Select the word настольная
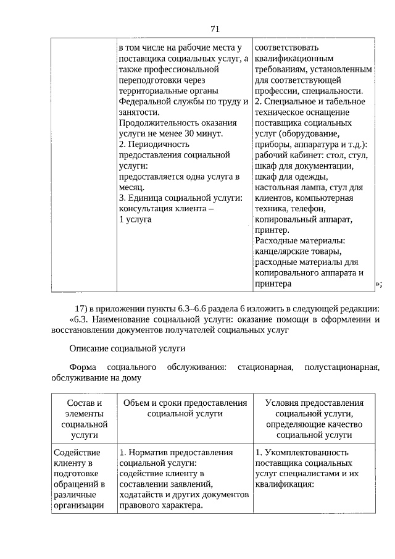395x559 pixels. pos(278,187)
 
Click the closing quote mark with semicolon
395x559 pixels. pos(378,284)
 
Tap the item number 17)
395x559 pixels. pos(83,308)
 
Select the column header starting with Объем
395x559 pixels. pos(185,408)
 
